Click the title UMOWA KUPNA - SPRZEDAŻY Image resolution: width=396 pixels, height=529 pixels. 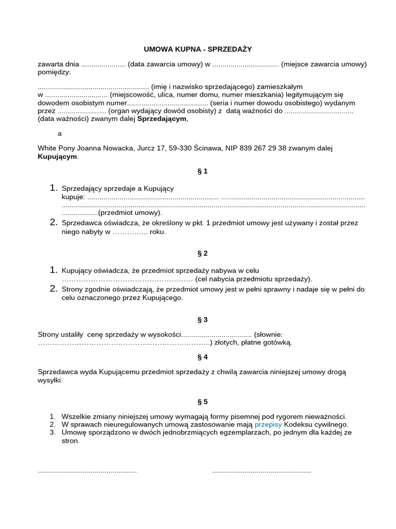pos(197,49)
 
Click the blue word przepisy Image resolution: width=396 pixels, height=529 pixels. pos(268,424)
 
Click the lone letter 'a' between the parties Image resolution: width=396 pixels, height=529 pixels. pos(60,133)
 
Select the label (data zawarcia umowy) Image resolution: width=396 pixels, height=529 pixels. pos(165,64)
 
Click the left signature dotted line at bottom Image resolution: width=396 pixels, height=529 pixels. pos(87,471)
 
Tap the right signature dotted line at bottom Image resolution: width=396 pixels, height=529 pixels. pos(261,471)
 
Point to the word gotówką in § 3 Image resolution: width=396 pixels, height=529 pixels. pos(277,342)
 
